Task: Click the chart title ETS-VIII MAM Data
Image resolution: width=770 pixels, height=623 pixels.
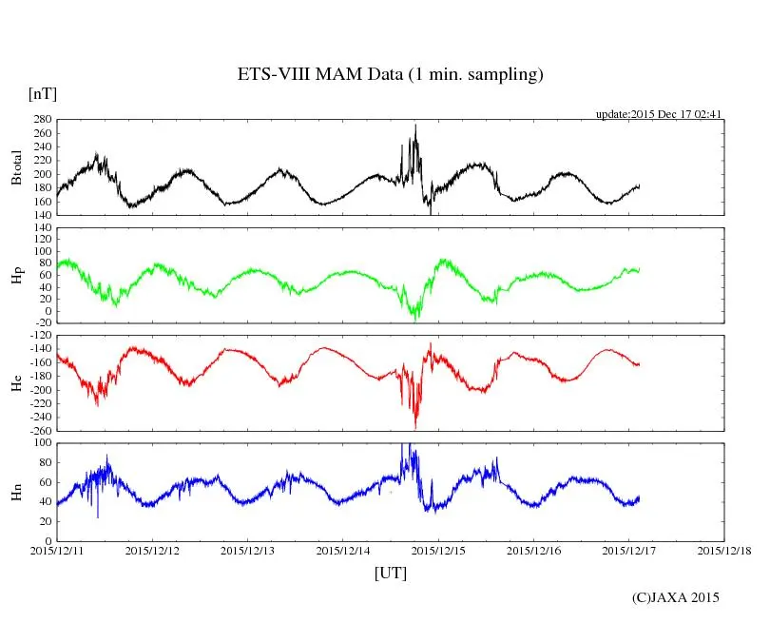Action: click(390, 75)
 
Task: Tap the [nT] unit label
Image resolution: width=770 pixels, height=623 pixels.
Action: click(42, 94)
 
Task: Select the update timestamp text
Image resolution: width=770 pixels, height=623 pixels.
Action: click(659, 114)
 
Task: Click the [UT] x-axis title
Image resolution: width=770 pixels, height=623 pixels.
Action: click(390, 573)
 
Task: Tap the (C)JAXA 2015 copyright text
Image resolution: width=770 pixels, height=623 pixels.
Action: click(675, 597)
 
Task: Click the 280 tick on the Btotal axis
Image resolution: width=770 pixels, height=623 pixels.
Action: click(41, 121)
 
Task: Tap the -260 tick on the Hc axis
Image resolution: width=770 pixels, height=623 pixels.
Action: click(39, 431)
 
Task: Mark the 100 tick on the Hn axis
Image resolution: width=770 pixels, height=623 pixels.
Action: click(41, 443)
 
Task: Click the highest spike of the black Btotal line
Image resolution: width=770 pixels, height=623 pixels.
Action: click(415, 126)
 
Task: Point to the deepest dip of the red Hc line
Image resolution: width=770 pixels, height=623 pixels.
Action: click(415, 427)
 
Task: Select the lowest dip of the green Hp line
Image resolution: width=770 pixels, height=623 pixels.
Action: click(414, 319)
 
